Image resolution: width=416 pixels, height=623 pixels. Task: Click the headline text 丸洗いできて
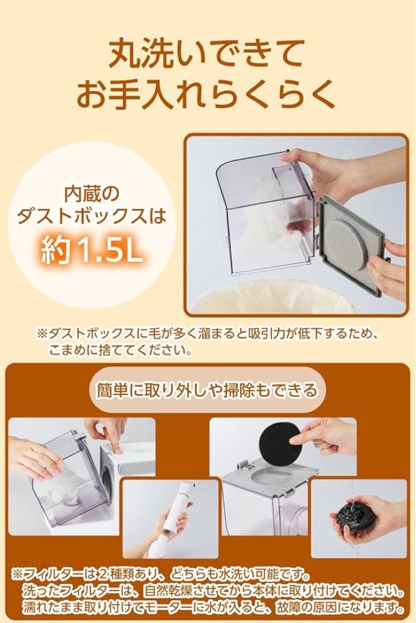coord(208,55)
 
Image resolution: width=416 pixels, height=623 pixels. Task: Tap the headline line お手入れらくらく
coord(208,95)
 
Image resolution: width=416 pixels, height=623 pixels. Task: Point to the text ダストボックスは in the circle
coord(92,218)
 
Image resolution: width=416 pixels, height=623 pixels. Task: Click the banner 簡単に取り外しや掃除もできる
coord(208,391)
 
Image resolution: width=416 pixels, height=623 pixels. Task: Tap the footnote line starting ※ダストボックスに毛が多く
coord(208,334)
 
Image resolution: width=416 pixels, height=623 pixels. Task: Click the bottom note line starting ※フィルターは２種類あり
coord(162,575)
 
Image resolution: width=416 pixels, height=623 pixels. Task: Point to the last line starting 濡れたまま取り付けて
coord(213,607)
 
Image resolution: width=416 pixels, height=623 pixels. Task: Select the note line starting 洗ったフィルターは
coord(213,591)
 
